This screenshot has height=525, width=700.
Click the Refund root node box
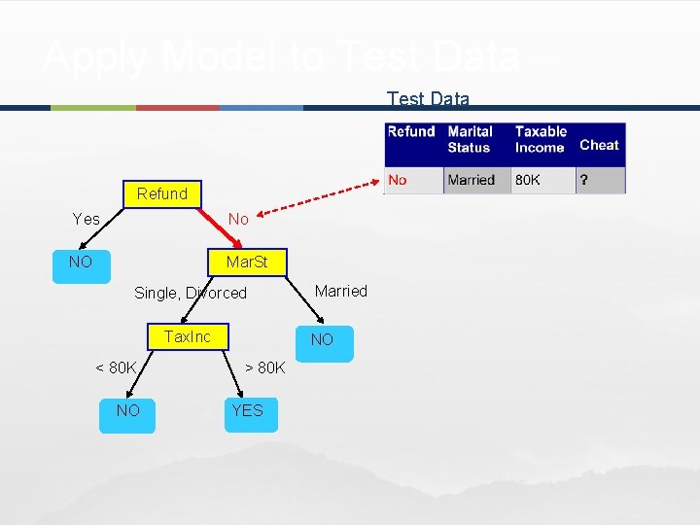[x=162, y=194]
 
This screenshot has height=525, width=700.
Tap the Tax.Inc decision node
[x=187, y=337]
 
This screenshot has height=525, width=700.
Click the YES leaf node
[x=247, y=411]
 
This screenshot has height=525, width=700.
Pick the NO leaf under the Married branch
[x=322, y=340]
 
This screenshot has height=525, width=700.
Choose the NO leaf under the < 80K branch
[x=127, y=411]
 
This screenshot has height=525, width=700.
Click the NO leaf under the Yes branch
[x=81, y=262]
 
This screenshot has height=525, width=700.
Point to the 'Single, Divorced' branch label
[x=191, y=293]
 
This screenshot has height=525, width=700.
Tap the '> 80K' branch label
[x=264, y=367]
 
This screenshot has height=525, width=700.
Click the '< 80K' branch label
[x=116, y=367]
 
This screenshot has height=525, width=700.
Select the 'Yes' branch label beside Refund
[x=87, y=220]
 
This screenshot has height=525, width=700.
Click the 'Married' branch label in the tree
[x=341, y=291]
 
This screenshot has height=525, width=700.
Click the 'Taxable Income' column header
[x=541, y=139]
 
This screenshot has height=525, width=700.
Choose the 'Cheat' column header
[x=599, y=145]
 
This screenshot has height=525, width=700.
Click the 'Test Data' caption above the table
[x=428, y=99]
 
